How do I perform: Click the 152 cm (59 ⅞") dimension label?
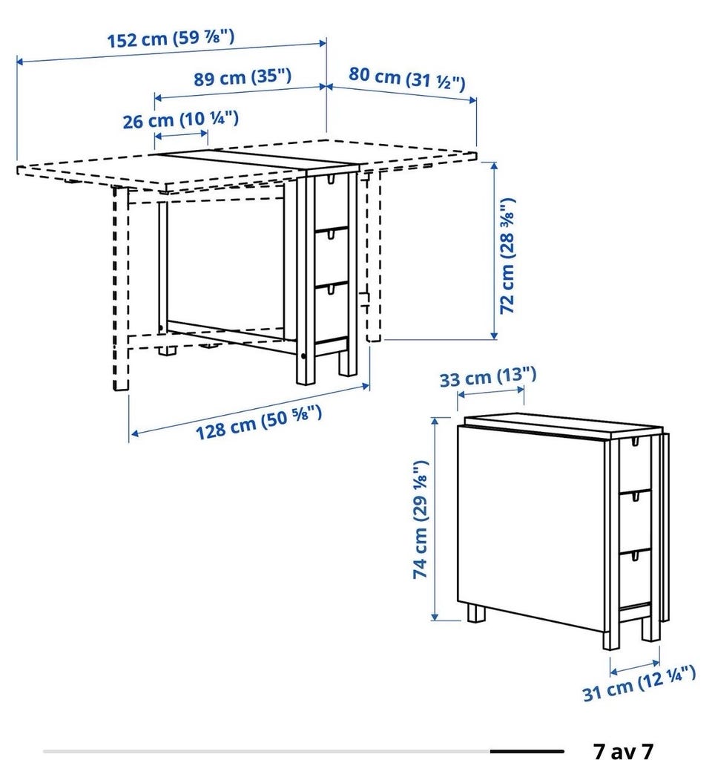171,39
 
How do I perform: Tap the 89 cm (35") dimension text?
243,77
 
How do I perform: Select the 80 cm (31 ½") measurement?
407,79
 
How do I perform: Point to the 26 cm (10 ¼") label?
180,119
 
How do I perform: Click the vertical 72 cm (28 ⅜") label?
507,256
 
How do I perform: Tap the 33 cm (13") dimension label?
488,376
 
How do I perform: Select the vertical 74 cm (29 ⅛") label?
421,519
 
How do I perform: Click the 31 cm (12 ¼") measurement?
639,684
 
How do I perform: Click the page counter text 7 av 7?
623,750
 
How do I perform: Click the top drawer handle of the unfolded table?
332,180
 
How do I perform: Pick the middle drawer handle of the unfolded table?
332,235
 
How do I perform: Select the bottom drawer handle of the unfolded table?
332,289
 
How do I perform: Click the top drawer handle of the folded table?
634,442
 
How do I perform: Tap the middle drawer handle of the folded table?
634,497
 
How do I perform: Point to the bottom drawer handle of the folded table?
634,556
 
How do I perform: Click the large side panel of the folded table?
531,528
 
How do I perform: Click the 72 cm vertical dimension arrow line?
494,251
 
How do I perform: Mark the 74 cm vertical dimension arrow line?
435,519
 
